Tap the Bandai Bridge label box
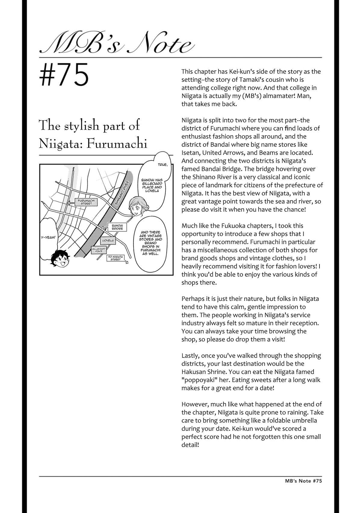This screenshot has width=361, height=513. [x=117, y=227]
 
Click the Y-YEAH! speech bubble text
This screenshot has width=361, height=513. [x=48, y=237]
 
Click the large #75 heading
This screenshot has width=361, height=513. [x=64, y=74]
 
